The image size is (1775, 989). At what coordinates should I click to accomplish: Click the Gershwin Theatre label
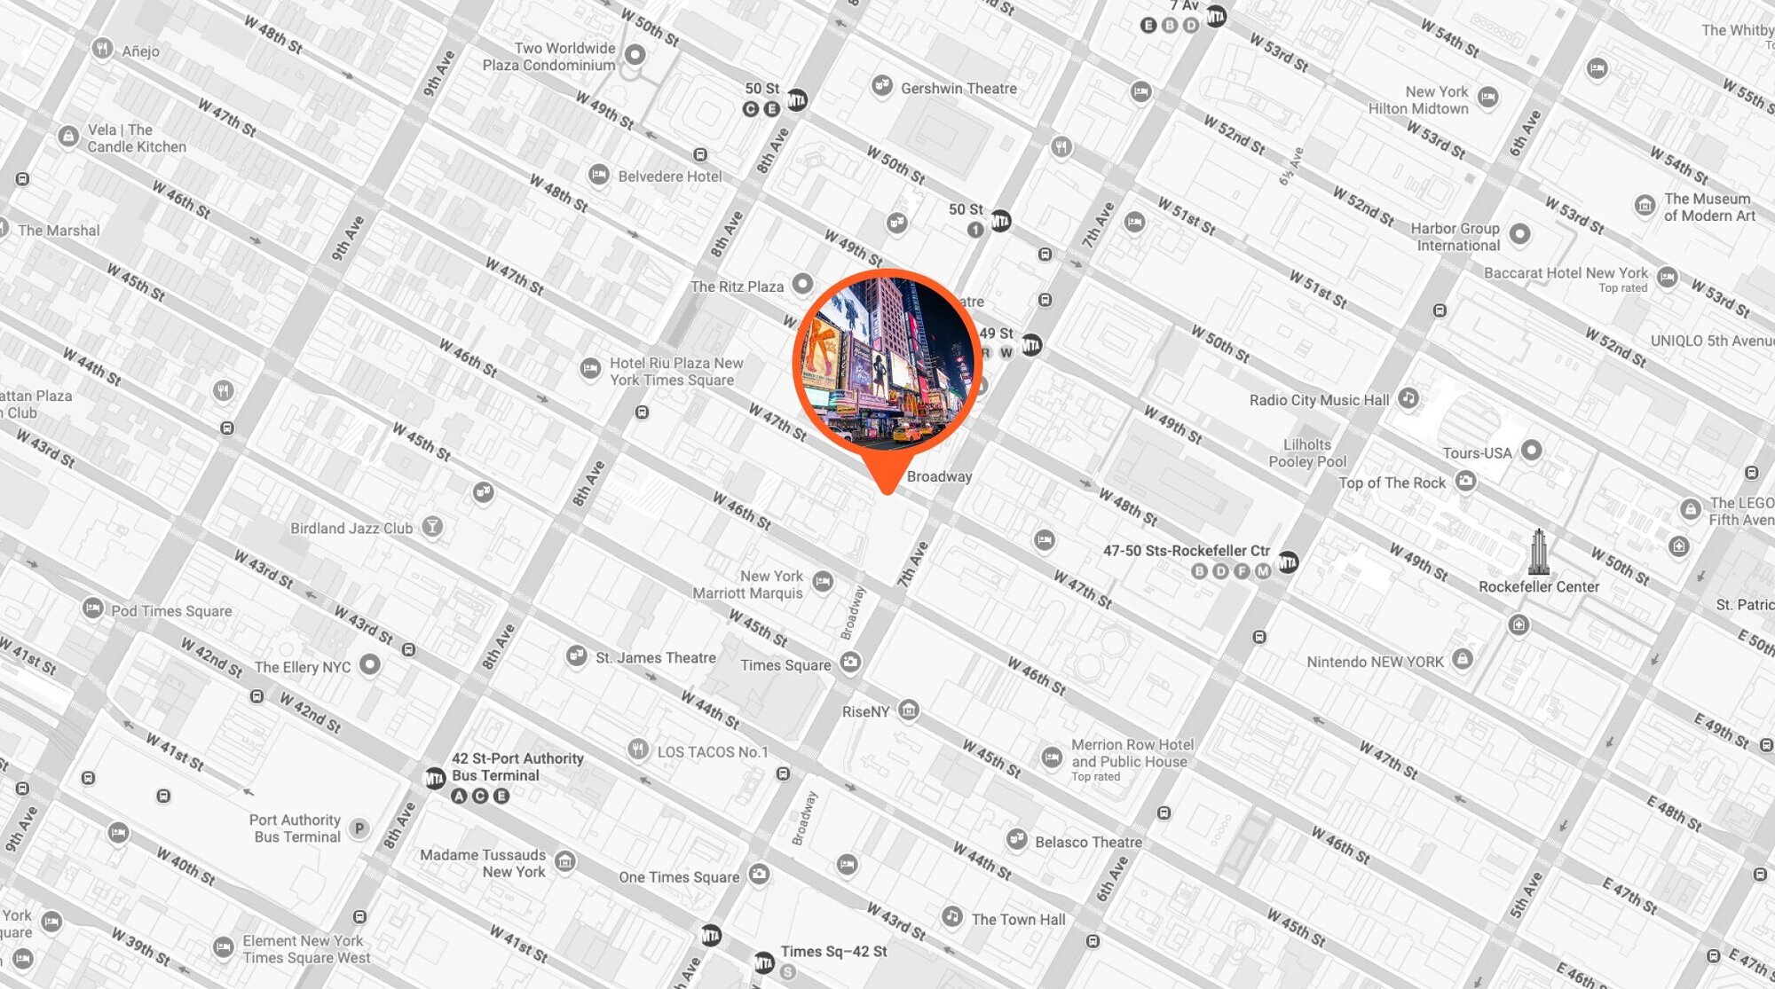[958, 89]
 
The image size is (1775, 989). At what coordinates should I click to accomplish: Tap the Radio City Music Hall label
[1319, 400]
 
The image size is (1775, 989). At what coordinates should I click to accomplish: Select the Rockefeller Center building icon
[1539, 552]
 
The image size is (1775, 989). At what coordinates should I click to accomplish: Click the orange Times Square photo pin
[887, 363]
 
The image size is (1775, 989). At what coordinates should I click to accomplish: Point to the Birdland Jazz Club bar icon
[432, 527]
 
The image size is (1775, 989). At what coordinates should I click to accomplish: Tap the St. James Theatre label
[655, 657]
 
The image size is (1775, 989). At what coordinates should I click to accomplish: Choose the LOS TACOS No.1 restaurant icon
[637, 750]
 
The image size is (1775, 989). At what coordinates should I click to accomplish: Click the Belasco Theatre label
[1088, 842]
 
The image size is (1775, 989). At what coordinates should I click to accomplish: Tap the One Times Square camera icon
[759, 875]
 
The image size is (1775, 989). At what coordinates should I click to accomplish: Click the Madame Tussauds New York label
[483, 863]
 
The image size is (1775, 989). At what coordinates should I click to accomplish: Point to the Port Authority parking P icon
[359, 828]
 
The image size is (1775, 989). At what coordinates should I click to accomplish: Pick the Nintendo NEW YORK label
[1375, 662]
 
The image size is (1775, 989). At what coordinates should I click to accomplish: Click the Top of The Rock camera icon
[1466, 482]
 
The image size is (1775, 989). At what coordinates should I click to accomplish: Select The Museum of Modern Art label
[1709, 207]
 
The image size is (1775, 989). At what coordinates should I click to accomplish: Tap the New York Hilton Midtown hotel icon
[1488, 97]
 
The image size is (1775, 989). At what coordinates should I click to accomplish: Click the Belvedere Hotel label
[669, 177]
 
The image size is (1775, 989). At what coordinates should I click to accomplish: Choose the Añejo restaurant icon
[103, 49]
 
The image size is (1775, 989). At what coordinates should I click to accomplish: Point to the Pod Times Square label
[171, 611]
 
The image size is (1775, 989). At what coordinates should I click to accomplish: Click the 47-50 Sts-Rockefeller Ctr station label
[1186, 551]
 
